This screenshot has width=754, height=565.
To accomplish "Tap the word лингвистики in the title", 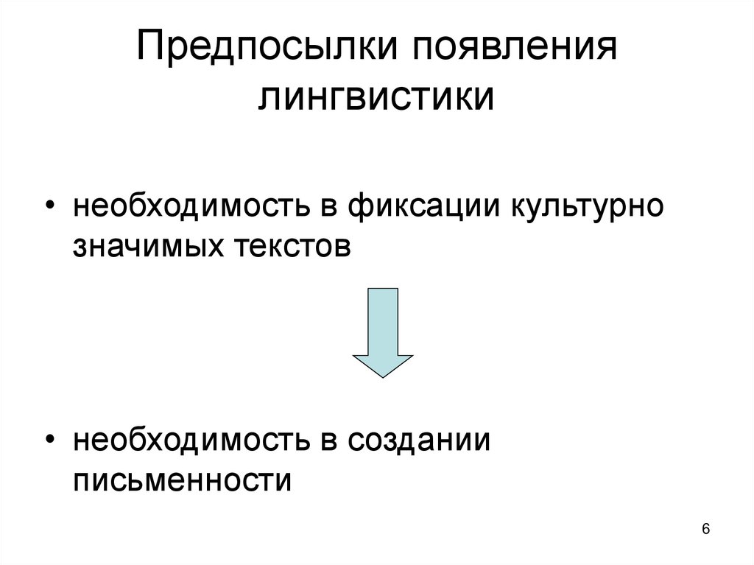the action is click(376, 99).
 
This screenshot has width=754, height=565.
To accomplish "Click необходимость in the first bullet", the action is click(188, 206).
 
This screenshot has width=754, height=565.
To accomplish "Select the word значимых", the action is click(147, 245).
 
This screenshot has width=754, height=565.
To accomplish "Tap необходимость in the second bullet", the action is click(188, 441).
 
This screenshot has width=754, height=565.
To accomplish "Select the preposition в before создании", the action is click(328, 442).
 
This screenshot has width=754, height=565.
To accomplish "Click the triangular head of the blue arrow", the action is click(383, 364).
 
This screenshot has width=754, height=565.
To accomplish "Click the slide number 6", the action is click(706, 530).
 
